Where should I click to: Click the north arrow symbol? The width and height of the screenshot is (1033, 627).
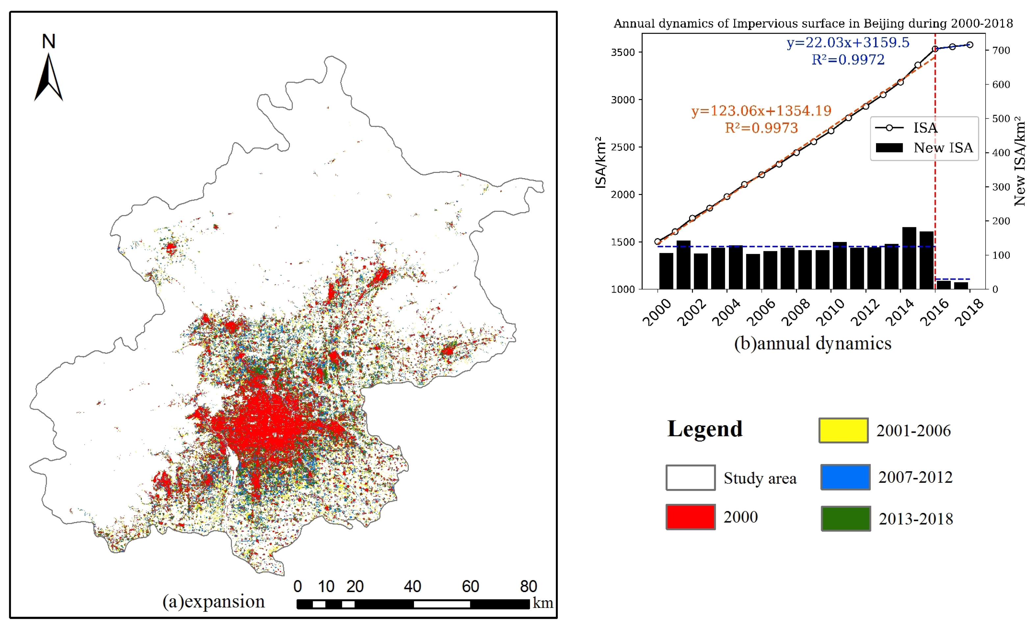click(x=49, y=78)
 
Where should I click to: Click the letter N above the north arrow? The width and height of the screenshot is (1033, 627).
click(x=49, y=41)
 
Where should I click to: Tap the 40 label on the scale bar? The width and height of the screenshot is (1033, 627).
click(x=412, y=586)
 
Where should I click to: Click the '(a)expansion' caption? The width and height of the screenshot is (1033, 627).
click(x=213, y=601)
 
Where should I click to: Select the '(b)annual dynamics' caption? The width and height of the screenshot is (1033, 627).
click(x=813, y=343)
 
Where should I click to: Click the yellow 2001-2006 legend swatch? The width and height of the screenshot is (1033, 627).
click(x=843, y=430)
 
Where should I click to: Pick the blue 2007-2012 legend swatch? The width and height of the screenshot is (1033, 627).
click(x=845, y=477)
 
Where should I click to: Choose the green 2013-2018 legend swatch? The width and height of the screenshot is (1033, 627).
click(x=846, y=519)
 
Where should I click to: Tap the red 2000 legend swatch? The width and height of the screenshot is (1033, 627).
click(x=690, y=517)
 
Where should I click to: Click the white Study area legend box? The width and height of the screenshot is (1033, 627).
click(x=690, y=477)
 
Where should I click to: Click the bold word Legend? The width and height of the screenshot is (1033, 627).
click(x=705, y=429)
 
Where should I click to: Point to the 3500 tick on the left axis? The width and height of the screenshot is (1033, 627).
click(x=623, y=52)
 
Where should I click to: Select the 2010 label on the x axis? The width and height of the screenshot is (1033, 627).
click(x=830, y=313)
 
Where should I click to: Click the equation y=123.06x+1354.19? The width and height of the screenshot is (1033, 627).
click(x=761, y=111)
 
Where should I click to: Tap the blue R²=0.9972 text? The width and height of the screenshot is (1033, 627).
click(x=848, y=60)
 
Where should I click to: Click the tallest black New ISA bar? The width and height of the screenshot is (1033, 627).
click(x=909, y=258)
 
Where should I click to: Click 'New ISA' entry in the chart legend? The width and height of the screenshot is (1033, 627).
click(x=943, y=148)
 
